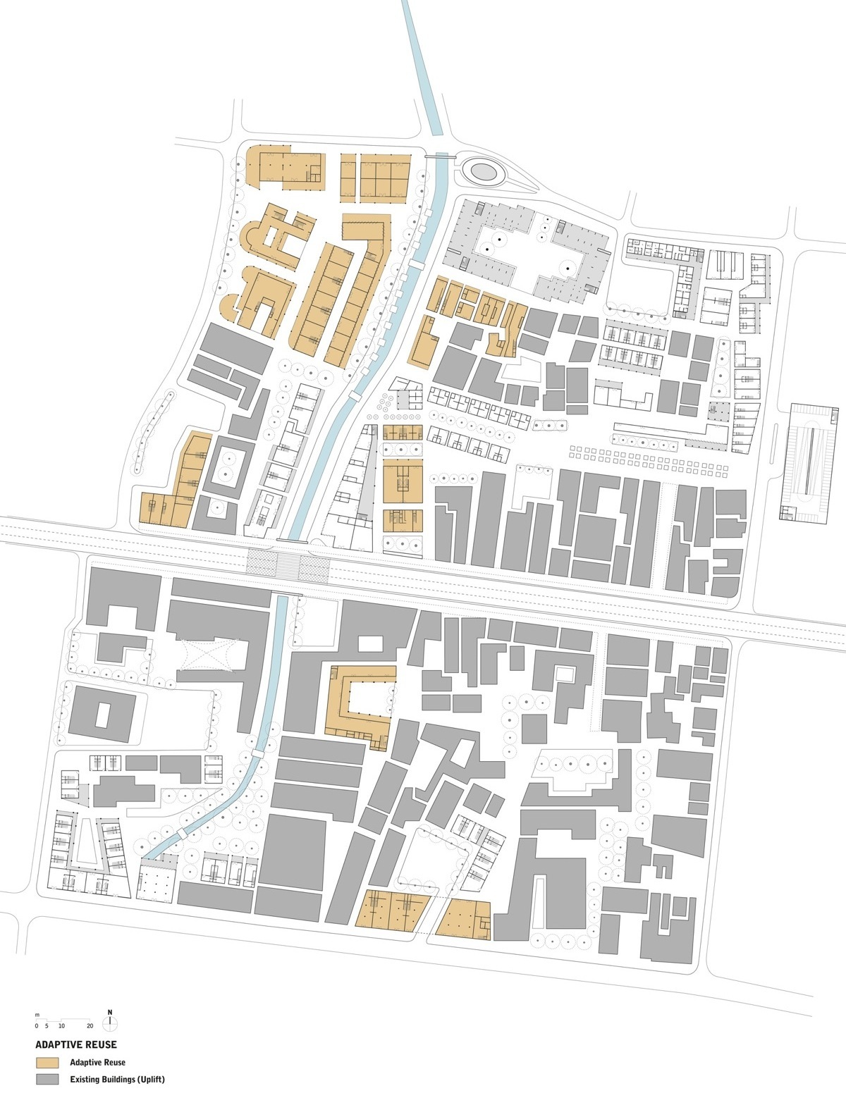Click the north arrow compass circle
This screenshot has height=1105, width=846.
point(110,1024)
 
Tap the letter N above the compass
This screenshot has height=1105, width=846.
point(110,1012)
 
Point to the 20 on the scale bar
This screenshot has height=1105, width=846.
point(90,1025)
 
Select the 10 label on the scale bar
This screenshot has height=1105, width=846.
point(62,1025)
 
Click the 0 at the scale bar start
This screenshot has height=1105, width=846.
point(37,1025)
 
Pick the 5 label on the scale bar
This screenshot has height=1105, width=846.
point(47,1025)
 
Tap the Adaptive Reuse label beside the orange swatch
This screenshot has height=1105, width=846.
point(97,1062)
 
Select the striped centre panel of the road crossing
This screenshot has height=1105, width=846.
point(288,564)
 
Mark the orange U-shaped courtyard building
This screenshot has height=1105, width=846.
point(360,705)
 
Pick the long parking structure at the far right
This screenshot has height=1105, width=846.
point(811,461)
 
